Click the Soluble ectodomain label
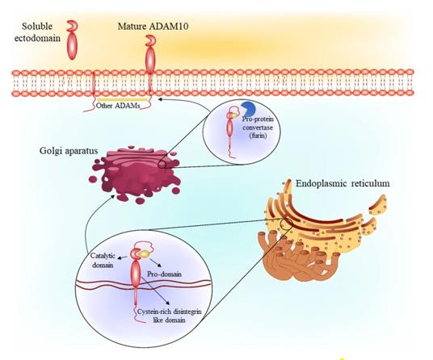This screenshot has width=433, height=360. (41, 31)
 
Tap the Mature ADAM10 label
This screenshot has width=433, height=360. (153, 27)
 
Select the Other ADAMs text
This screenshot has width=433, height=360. (118, 106)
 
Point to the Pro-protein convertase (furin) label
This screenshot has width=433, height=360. (258, 128)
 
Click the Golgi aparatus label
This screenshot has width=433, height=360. (69, 151)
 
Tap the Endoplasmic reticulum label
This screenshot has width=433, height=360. (343, 183)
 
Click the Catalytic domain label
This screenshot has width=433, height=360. (103, 260)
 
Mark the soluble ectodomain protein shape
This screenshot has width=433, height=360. (73, 40)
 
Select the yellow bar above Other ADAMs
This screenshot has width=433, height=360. (123, 100)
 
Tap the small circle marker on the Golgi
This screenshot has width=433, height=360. (162, 165)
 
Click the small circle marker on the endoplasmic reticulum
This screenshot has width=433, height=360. (286, 222)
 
